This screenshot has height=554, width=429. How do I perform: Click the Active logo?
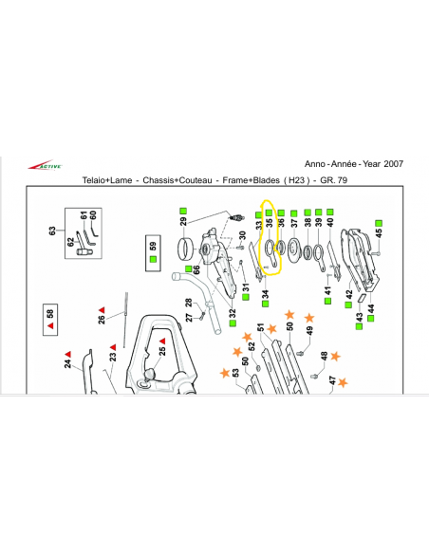click(46, 165)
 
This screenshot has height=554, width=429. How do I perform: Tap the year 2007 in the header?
click(393, 164)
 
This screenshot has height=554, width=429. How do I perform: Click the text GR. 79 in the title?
click(333, 180)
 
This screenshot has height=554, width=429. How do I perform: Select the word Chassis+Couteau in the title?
click(177, 180)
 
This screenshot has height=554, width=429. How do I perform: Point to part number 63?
click(52, 231)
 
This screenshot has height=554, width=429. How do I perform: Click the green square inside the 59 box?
click(153, 259)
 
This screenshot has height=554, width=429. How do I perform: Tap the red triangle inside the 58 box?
click(50, 325)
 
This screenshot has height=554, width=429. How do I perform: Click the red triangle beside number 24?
click(67, 354)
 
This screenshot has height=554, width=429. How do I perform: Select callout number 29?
click(183, 222)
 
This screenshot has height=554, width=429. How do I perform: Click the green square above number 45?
click(379, 223)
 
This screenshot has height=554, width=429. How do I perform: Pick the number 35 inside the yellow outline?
click(270, 223)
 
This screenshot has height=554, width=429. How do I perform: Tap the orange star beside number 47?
click(343, 382)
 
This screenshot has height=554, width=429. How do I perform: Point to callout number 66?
click(196, 269)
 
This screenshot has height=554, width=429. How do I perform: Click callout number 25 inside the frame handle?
click(162, 351)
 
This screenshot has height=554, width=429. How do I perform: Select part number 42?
click(349, 294)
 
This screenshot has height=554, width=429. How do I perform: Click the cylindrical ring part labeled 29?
click(185, 249)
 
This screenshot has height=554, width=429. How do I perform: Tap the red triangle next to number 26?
click(102, 310)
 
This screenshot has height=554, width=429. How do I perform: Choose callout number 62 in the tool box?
click(70, 242)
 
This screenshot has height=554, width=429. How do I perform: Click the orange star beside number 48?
click(335, 356)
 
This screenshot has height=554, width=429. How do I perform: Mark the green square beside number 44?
click(371, 319)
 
